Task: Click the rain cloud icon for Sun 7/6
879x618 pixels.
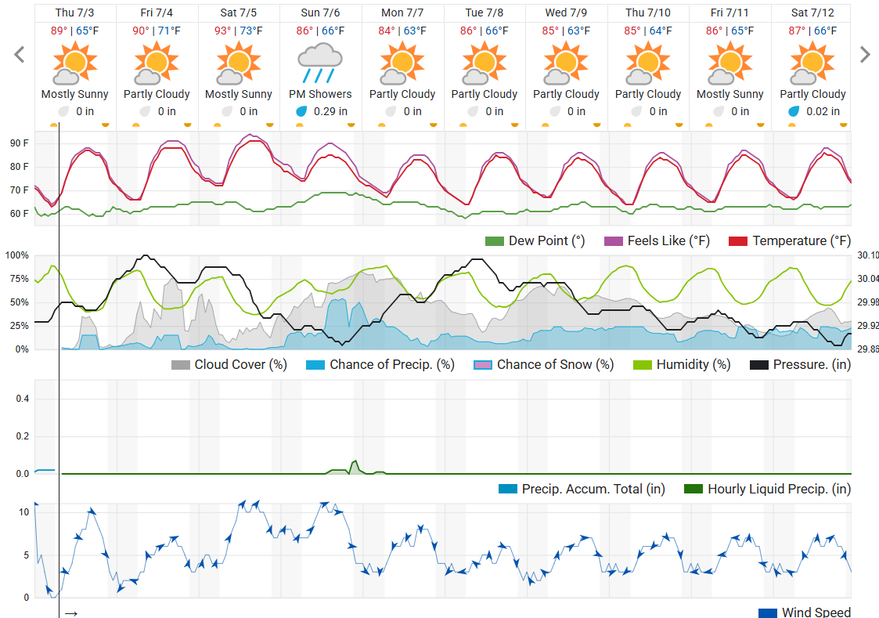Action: point(320,63)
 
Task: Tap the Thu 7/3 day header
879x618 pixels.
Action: point(75,13)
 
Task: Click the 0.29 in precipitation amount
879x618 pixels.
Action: point(330,111)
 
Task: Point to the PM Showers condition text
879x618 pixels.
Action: point(320,94)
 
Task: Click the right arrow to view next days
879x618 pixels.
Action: point(865,54)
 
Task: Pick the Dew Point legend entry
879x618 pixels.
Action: point(535,241)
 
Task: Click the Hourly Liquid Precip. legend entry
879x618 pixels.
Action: point(768,489)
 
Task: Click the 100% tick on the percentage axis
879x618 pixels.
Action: point(16,255)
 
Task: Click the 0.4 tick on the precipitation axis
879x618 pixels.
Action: point(23,399)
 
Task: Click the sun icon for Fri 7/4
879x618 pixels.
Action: point(157,63)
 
